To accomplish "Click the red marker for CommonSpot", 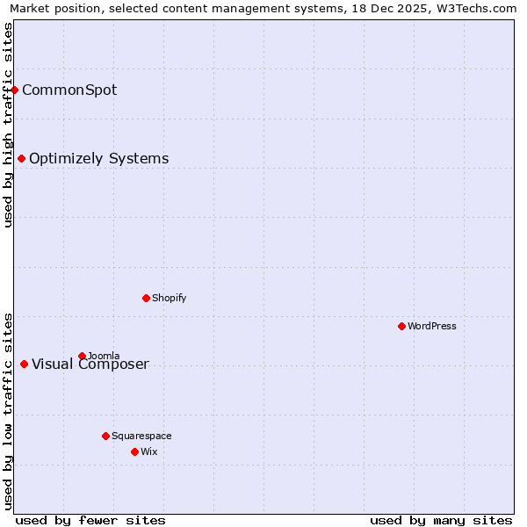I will [15, 90].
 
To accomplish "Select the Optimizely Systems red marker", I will [22, 159].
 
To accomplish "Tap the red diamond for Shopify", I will [147, 298].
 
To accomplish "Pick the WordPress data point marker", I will [402, 326].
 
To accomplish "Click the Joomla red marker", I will [83, 356].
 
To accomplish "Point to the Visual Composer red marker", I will [25, 365].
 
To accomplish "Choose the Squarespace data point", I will [106, 436].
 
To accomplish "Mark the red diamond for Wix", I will [135, 451].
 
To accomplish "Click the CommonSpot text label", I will [69, 90].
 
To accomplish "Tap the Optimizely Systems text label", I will [98, 159].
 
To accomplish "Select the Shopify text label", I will [169, 298].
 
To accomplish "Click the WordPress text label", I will [431, 326].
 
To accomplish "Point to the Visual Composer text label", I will [90, 365].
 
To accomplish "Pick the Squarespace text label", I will [141, 436].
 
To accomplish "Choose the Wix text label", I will [148, 451].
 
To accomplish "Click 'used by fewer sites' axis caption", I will [90, 520].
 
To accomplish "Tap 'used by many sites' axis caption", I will [441, 520].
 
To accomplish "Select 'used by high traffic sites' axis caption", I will [8, 125].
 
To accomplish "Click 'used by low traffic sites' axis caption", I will [8, 410].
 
